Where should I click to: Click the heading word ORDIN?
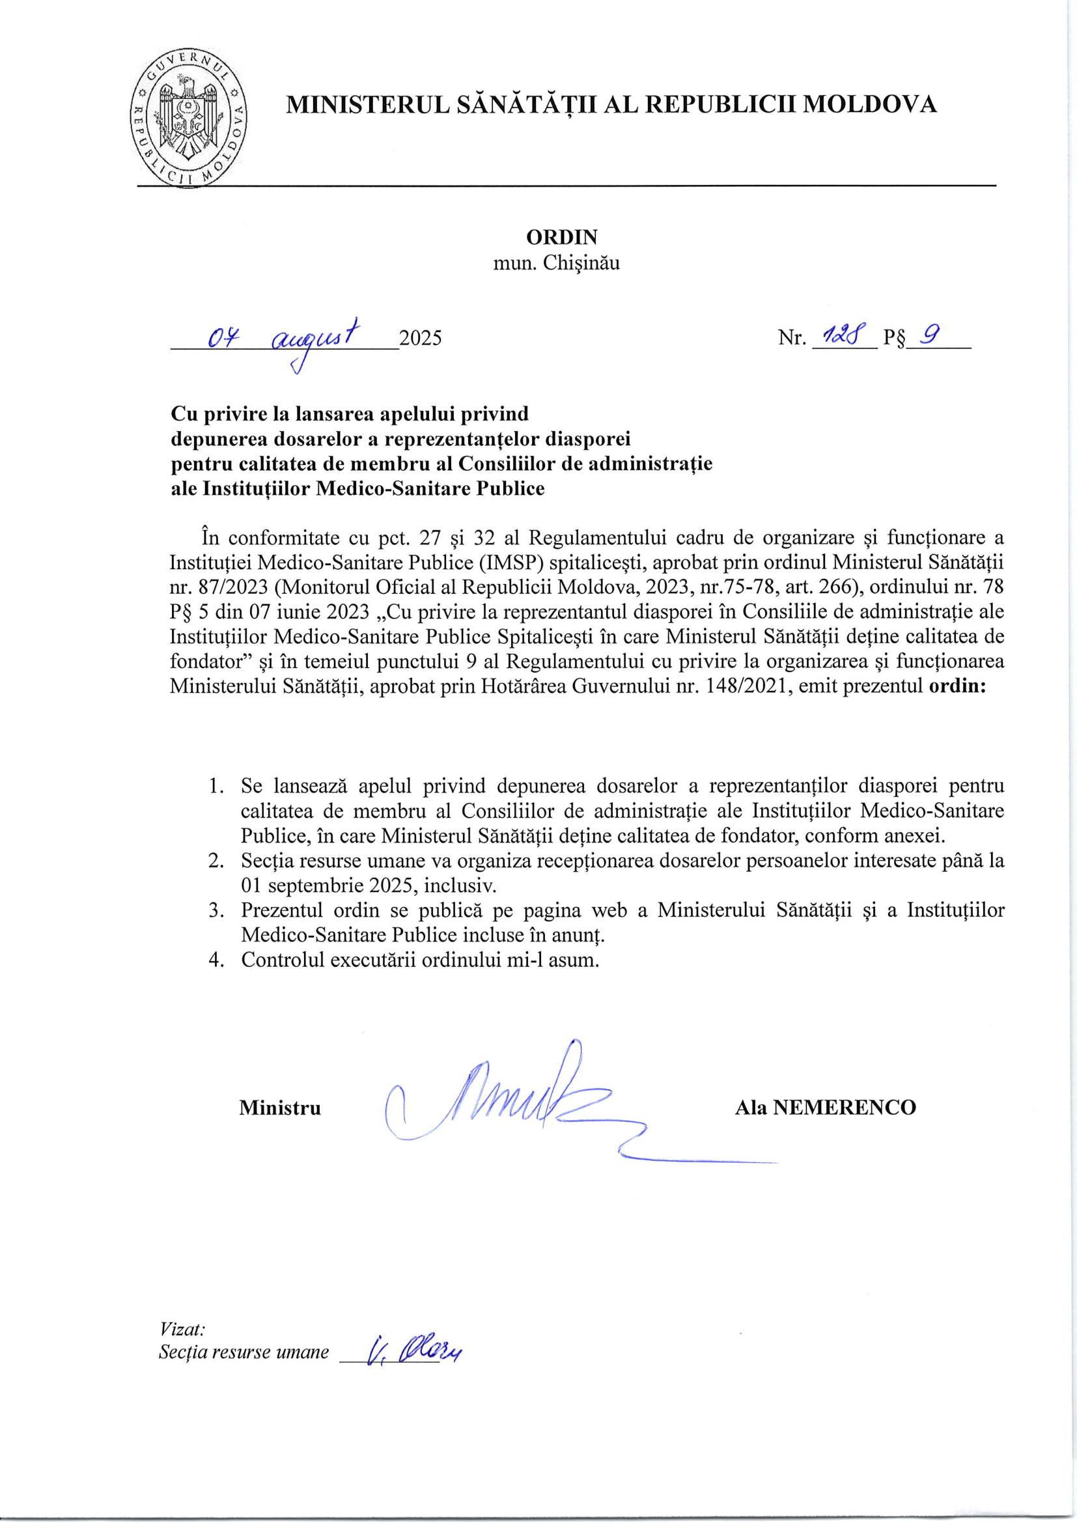[x=561, y=237]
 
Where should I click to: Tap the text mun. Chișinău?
[x=555, y=262]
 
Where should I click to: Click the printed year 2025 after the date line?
[x=421, y=339]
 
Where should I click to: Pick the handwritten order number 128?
[x=837, y=335]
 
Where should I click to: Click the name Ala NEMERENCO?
[x=825, y=1107]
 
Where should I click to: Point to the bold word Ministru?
[x=280, y=1108]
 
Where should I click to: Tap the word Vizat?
[x=182, y=1330]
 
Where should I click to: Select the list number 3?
[x=216, y=910]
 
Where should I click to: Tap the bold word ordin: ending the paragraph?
[x=957, y=685]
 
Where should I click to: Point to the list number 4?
[x=216, y=960]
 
